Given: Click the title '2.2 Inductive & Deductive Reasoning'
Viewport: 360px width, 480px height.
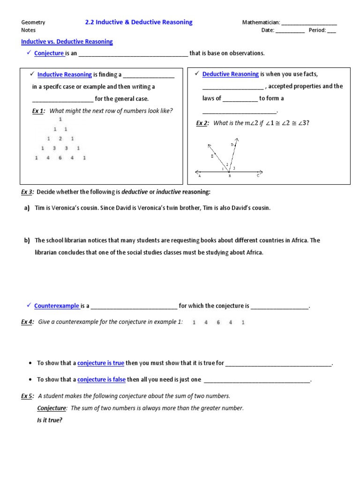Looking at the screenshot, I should (x=138, y=22).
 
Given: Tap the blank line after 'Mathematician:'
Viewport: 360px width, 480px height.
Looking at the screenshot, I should (x=309, y=23).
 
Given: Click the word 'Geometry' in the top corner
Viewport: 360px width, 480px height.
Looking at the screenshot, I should (x=33, y=22).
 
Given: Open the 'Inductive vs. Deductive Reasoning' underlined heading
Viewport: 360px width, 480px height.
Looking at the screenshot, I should (x=67, y=42).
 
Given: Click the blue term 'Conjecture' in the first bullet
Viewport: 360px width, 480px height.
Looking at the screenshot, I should (x=49, y=53).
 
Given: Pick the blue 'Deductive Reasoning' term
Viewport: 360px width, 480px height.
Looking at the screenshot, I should (x=230, y=74).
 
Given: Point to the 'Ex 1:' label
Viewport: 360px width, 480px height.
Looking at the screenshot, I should (x=38, y=111).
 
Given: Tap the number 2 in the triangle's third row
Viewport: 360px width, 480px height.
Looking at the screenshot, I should (x=60, y=139).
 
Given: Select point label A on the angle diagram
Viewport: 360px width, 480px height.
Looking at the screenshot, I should (x=200, y=176).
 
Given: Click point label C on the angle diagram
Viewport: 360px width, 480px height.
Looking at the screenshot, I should (x=257, y=176).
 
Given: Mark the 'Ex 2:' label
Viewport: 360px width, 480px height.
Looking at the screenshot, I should (x=202, y=123).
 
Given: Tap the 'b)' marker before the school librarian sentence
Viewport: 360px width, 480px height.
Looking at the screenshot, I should (x=27, y=240).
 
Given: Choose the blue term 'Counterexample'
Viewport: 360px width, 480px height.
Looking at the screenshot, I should (x=56, y=306).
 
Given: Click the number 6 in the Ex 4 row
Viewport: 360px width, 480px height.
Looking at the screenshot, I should (x=218, y=322).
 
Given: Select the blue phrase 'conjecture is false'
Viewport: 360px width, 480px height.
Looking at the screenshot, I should (x=101, y=380).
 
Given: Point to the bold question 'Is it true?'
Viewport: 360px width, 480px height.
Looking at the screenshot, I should (x=50, y=420).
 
